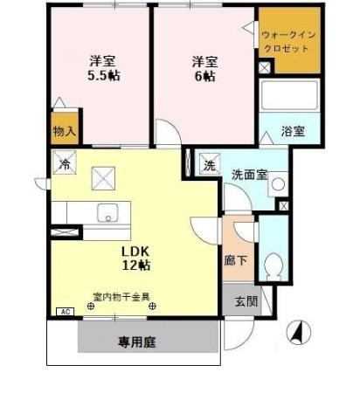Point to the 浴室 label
point(292,131)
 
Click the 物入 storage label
point(65,131)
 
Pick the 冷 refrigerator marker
point(64,163)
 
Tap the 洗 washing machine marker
point(210,164)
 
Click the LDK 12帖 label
point(135,259)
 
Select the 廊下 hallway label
point(235,259)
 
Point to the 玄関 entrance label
point(246,301)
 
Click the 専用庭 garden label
point(136,341)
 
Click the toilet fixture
point(273,265)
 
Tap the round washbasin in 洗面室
point(275,185)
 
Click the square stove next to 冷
point(103,179)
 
